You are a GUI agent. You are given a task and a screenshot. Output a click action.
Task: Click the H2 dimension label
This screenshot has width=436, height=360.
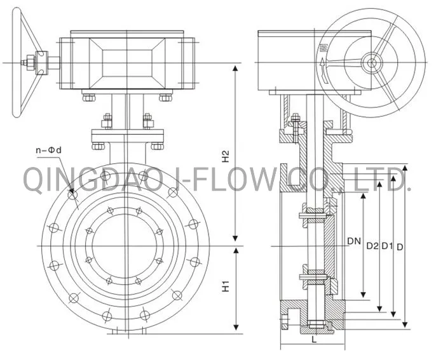pos(226,156)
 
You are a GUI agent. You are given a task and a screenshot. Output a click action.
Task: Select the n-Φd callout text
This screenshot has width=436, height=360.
pos(49,150)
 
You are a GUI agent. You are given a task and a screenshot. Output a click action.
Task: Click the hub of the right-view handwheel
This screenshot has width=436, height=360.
pos(371,62)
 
